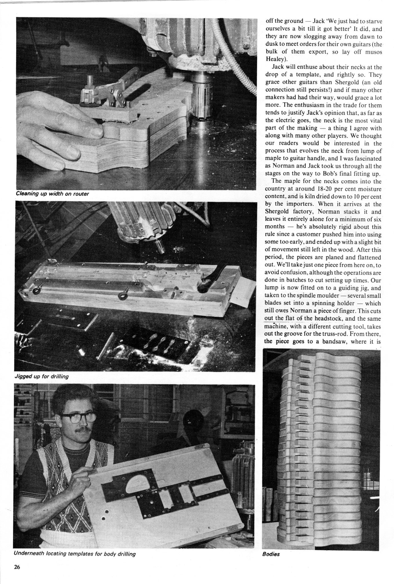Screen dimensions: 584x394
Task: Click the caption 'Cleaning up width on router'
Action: (53, 194)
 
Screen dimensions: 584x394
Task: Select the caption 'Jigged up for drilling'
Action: (41, 376)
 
